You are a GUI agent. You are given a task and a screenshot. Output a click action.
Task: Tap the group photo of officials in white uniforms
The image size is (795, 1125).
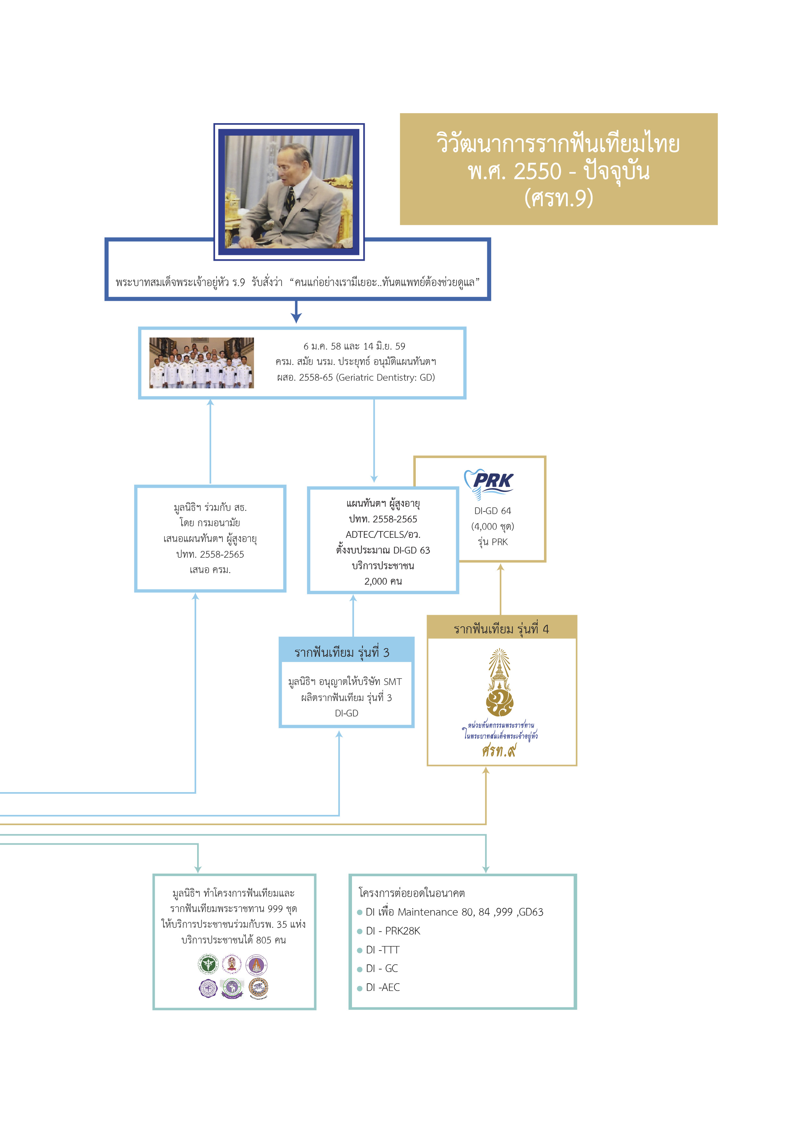coord(201,363)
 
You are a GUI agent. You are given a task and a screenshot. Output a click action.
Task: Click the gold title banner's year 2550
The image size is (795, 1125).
coord(537,171)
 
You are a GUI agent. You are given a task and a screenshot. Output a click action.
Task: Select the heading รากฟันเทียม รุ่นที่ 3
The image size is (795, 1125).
coord(342,652)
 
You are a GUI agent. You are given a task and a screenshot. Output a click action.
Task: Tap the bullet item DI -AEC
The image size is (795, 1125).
coord(382,987)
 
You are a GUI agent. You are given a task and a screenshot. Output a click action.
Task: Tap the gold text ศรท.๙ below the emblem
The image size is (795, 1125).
coord(499,750)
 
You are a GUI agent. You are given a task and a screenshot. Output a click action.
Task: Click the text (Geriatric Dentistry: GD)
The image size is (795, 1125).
coord(386,377)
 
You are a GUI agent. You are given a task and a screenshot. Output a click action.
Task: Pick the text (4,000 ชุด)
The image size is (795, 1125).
coord(492,526)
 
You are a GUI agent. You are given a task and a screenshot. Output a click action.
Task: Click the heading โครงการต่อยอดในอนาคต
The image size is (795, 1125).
coord(412,893)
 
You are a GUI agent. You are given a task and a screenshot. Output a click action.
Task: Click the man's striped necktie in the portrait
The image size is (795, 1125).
coord(291,196)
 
